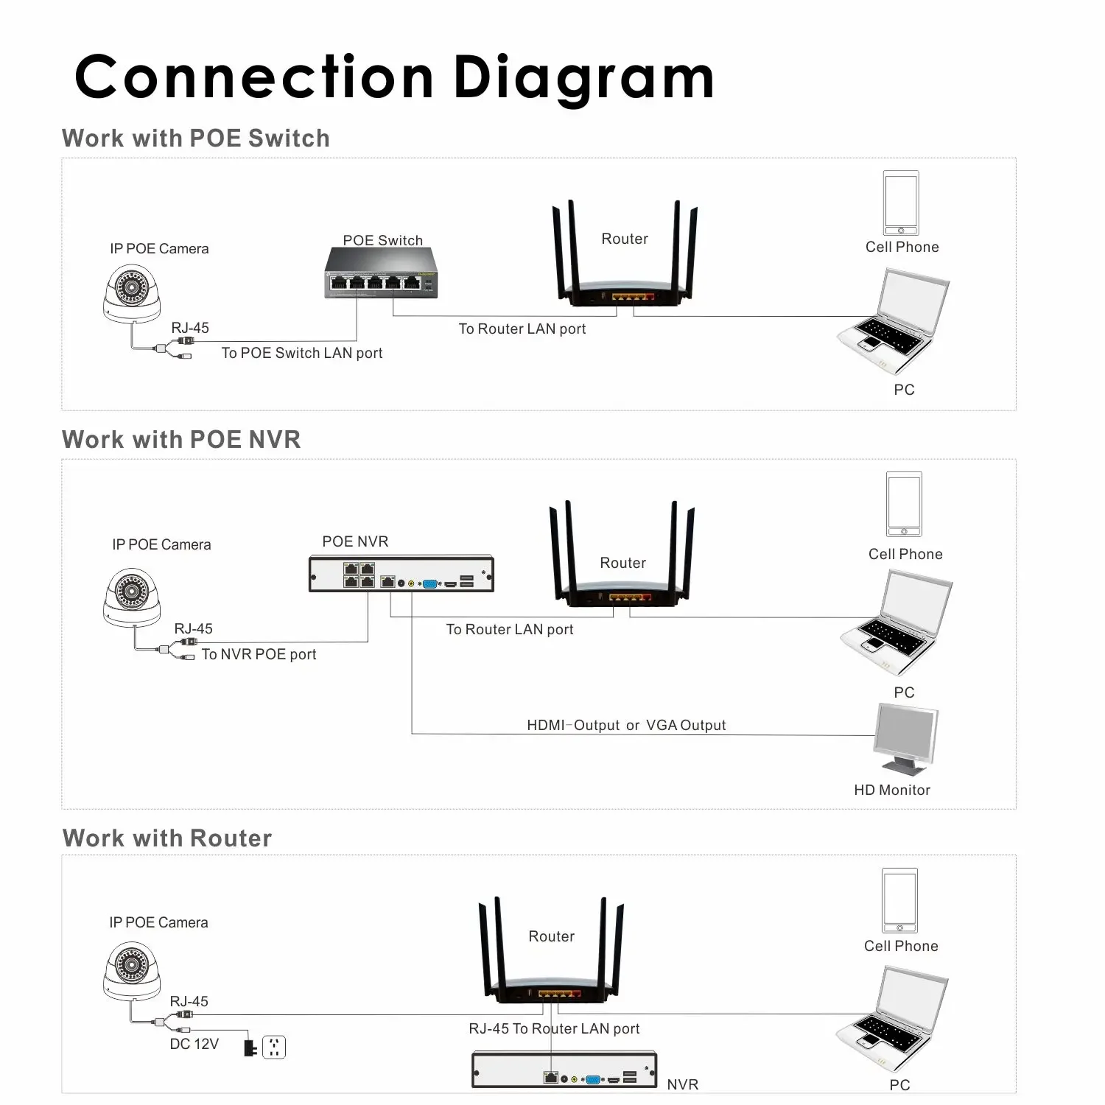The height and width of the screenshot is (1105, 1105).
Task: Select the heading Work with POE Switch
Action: point(195,138)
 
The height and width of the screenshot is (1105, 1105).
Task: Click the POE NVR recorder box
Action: point(401,574)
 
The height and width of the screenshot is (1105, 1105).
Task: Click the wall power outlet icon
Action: point(274,1046)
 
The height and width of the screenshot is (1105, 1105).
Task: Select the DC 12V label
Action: point(194,1044)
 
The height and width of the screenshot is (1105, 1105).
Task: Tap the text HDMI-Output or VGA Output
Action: point(626,725)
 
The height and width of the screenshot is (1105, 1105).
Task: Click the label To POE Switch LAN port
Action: point(302,353)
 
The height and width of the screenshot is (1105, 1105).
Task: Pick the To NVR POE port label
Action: point(259,654)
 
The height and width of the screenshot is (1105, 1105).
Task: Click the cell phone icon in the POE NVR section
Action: point(904,505)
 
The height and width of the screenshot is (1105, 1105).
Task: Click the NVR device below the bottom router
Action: point(564,1070)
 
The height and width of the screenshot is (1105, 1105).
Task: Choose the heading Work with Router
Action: point(167,838)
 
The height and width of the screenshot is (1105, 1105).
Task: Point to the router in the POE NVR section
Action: point(622,560)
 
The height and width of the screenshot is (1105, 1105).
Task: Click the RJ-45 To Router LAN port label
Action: point(554,1028)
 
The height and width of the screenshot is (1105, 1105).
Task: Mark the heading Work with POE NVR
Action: point(181,440)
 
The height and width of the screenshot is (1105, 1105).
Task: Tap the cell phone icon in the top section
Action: point(901,203)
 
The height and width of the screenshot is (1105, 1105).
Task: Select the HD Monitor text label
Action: point(891,790)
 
